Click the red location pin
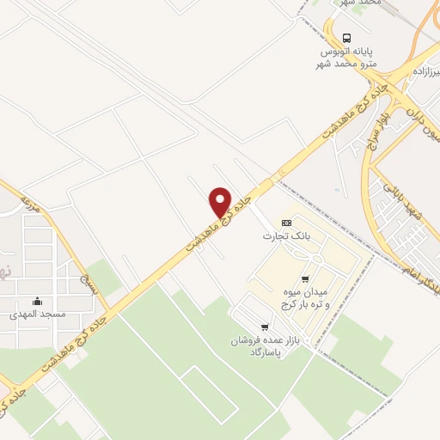(220, 201)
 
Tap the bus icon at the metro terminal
(346, 38)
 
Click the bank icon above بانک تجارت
(274, 223)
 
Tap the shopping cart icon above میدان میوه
(305, 278)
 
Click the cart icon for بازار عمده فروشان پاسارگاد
(265, 327)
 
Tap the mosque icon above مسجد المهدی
(37, 301)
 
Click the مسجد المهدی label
(38, 315)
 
